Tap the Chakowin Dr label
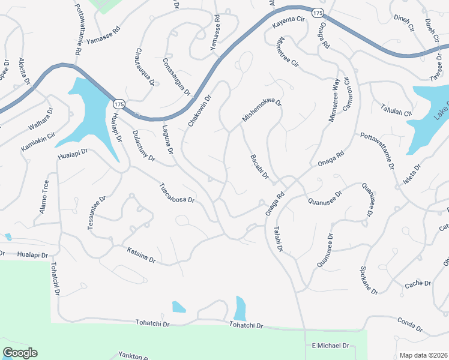click(200, 110)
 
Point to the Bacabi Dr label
click(261, 169)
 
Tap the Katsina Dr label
click(141, 256)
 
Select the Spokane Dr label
click(368, 280)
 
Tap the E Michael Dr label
click(330, 346)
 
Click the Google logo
click(20, 353)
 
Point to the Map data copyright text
click(423, 355)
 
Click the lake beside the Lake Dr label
click(427, 114)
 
